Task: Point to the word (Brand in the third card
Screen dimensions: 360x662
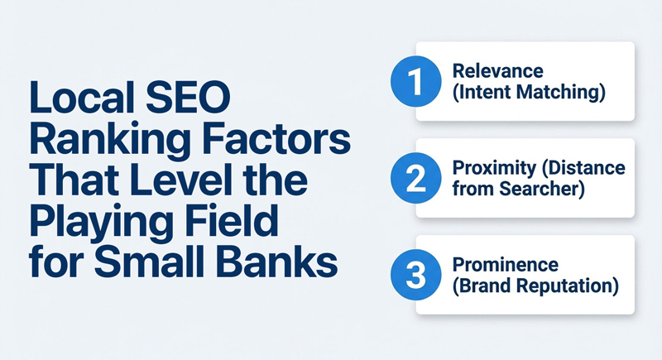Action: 480,286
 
